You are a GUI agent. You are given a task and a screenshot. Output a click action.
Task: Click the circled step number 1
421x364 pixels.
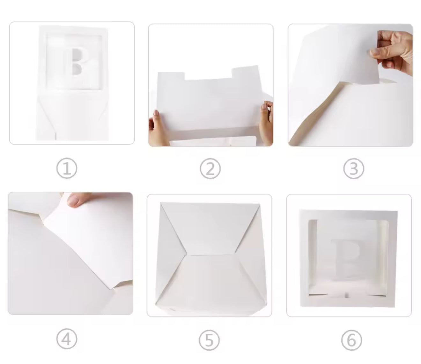67,168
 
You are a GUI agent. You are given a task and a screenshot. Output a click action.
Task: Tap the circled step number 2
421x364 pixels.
210,169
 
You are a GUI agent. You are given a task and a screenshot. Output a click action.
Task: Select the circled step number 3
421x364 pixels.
354,168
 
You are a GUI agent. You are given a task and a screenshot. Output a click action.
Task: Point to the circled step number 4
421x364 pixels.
67,339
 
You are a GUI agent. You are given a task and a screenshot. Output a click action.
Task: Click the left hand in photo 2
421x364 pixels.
159,128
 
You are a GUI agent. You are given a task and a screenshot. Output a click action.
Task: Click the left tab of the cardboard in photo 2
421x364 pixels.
171,76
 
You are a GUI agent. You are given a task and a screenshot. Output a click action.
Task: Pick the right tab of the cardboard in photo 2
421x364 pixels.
246,72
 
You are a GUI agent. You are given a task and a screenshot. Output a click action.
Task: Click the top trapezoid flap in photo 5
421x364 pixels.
211,228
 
